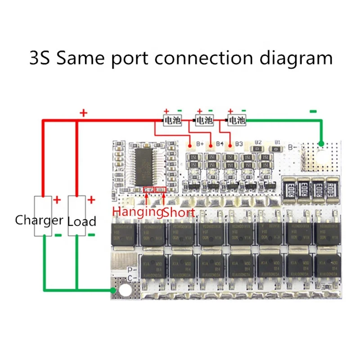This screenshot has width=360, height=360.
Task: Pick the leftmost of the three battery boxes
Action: pos(172,121)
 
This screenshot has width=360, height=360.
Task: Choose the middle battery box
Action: pos(203,121)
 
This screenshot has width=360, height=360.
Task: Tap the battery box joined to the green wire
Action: pos(236,121)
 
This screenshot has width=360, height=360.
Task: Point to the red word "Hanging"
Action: pos(137,212)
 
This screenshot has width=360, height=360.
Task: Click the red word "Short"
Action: pos(179,212)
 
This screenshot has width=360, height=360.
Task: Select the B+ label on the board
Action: pos(202,144)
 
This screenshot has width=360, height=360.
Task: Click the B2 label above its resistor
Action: pos(258,141)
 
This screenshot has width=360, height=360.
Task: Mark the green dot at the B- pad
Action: pos(321,144)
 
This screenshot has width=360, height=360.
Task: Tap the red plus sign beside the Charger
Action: pos(57,200)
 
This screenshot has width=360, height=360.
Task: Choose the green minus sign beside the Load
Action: pos(91,234)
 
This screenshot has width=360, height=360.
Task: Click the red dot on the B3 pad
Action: pos(230,145)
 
